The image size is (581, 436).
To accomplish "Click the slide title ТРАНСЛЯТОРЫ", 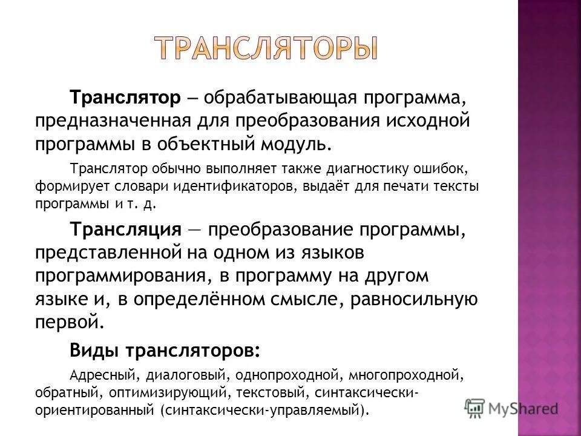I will [266, 48].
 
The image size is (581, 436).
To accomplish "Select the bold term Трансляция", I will [126, 230].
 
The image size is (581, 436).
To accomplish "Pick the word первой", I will [67, 321].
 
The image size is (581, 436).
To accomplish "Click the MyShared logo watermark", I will [511, 406].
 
